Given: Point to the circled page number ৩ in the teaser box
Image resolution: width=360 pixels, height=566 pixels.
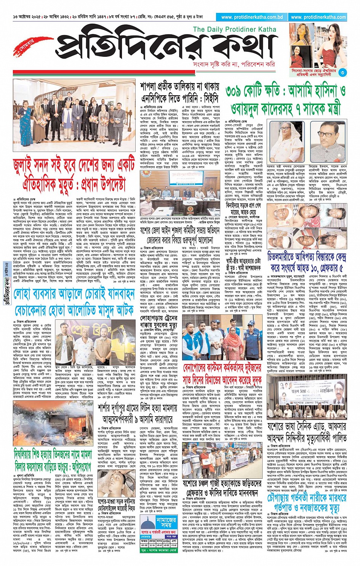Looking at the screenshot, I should [342, 72].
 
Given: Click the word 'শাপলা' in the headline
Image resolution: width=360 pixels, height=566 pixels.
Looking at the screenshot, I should [151, 87].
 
